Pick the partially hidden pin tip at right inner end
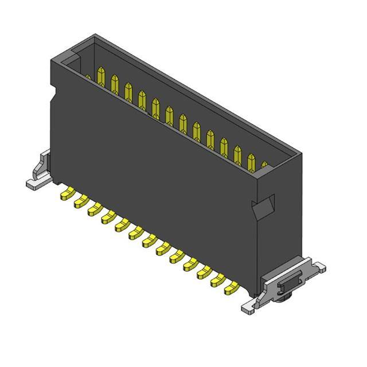pos(264,165)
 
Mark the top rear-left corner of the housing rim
pos(93,36)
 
